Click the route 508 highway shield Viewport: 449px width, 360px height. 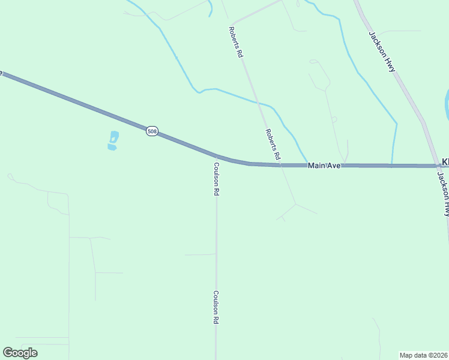click(x=152, y=130)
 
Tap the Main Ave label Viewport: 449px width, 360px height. click(x=324, y=165)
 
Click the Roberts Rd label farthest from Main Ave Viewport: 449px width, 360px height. click(x=236, y=41)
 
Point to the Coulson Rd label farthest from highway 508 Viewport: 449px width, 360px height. click(x=215, y=308)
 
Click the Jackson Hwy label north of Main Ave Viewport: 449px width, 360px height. click(x=382, y=52)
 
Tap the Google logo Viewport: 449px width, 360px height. click(x=20, y=353)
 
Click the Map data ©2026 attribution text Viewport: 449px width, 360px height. click(x=423, y=355)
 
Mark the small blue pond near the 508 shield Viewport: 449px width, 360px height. click(x=113, y=140)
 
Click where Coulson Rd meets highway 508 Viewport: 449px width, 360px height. click(x=215, y=155)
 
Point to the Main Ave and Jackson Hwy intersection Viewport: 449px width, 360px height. click(x=437, y=166)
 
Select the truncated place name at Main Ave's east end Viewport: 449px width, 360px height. click(x=445, y=162)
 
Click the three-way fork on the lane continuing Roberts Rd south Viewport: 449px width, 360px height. click(x=295, y=205)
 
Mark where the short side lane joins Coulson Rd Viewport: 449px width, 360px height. click(x=215, y=254)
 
